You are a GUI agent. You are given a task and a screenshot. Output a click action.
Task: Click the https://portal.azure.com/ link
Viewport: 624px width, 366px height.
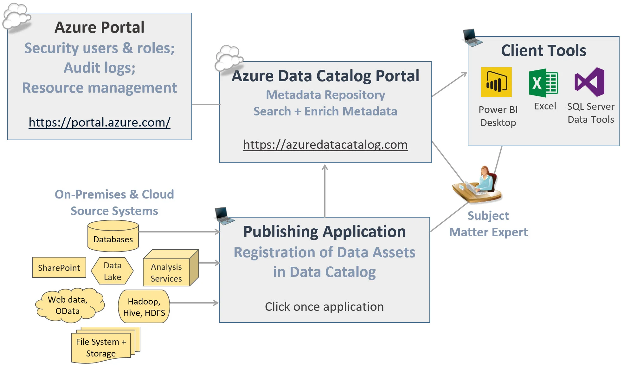100,122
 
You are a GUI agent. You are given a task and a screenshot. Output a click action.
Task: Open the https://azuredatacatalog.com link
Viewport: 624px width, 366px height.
325,145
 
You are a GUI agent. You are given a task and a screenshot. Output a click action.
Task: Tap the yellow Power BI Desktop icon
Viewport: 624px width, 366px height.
496,82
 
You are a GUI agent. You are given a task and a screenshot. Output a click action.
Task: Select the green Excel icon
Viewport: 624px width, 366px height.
543,83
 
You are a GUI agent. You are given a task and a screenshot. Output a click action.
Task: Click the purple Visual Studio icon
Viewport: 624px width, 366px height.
590,82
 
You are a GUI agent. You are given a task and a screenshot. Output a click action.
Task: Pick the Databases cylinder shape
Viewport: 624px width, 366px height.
113,236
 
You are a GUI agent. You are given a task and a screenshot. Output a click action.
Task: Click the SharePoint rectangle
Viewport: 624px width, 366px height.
59,268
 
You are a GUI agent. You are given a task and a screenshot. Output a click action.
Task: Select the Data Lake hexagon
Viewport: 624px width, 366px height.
112,271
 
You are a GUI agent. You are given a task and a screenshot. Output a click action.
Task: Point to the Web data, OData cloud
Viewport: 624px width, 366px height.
68,305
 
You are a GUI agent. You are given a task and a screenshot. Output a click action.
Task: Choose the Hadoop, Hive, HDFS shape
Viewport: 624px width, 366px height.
144,307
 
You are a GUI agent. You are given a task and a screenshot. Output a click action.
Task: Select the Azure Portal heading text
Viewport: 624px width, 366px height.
99,27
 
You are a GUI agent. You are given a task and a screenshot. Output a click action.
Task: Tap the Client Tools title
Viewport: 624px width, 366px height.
543,50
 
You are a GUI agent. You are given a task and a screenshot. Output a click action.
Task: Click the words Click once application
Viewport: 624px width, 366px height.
324,307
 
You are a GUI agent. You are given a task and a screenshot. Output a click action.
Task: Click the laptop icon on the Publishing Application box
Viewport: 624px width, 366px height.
223,216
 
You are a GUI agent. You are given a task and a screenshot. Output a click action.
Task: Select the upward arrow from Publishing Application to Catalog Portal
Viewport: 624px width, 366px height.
325,190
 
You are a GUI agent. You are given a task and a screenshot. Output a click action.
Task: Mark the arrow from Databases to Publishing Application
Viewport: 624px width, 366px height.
179,232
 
